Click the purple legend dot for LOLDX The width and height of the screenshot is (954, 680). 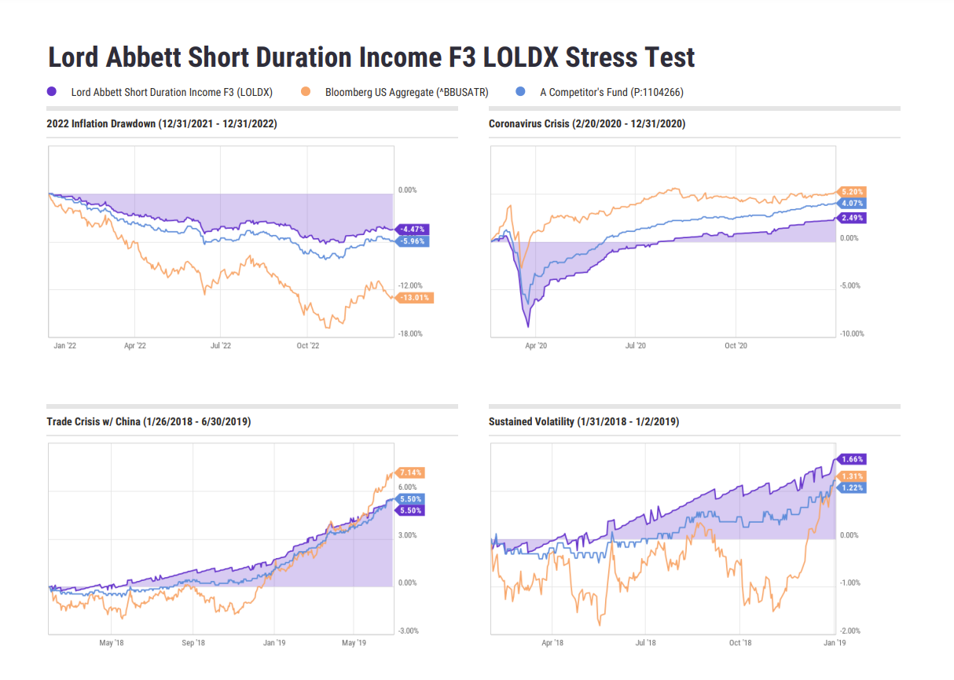point(52,92)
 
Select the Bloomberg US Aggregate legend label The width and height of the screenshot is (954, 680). point(406,92)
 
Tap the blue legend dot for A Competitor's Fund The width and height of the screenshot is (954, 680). point(520,92)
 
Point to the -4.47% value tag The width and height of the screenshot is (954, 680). point(412,229)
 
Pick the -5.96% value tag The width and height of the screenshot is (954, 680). point(412,241)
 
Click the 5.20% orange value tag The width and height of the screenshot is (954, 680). point(852,192)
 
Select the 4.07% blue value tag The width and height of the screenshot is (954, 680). point(852,203)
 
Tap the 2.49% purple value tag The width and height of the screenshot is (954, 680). point(852,218)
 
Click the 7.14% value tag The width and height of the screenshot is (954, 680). point(410,472)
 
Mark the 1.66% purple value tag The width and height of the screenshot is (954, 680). point(852,459)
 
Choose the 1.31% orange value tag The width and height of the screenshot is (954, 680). point(852,476)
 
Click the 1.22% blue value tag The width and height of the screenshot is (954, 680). point(852,487)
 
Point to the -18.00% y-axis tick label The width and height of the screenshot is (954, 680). point(409,333)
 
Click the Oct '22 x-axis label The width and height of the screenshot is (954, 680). point(307,345)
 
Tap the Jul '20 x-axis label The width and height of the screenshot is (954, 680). point(635,345)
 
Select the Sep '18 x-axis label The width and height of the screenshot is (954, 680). point(193,642)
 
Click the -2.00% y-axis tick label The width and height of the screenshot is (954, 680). point(851,630)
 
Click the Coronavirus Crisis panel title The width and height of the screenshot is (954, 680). point(587,123)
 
